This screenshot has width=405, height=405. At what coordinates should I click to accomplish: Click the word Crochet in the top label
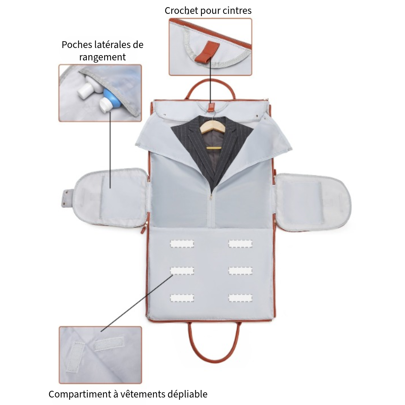click(x=181, y=10)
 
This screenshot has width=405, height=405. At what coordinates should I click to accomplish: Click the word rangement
click(x=102, y=57)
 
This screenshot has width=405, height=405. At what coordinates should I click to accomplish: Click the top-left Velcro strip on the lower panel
click(x=182, y=244)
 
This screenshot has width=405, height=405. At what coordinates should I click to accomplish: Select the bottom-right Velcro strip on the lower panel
click(x=240, y=298)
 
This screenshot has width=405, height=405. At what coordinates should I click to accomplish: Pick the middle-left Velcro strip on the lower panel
click(x=182, y=270)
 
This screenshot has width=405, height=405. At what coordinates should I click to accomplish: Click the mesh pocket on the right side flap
click(x=303, y=202)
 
